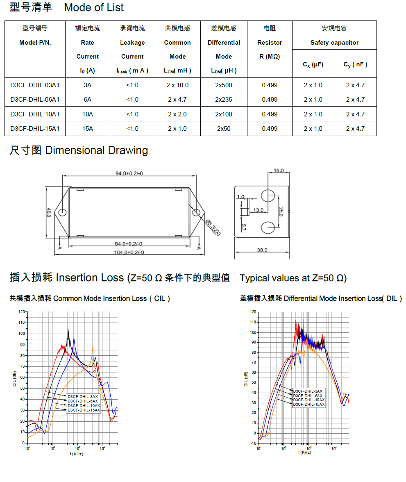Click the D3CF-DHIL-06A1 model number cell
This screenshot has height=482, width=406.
pos(35,100)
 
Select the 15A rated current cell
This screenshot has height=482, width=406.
pos(87,129)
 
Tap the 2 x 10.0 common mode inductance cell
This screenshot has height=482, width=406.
pos(178,85)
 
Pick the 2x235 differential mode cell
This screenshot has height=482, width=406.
pos(224,100)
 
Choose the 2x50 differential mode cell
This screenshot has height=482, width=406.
pos(224,129)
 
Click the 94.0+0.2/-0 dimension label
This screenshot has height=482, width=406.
pos(129,173)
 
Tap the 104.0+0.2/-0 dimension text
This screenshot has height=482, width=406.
pos(129,252)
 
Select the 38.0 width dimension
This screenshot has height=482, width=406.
pos(262,250)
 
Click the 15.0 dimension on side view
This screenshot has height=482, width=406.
pos(279,171)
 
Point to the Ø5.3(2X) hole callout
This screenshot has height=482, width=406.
pos(213,227)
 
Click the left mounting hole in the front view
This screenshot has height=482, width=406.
pos(62,213)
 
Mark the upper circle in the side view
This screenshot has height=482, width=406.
pos(268,196)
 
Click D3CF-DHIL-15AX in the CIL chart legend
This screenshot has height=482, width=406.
pos(84,410)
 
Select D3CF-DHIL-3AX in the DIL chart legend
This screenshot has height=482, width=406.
pos(308,391)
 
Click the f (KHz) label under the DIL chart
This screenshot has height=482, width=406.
pos(304,452)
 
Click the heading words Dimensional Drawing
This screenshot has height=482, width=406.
pos(96,150)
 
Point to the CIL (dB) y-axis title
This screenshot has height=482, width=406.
pos(14,378)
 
